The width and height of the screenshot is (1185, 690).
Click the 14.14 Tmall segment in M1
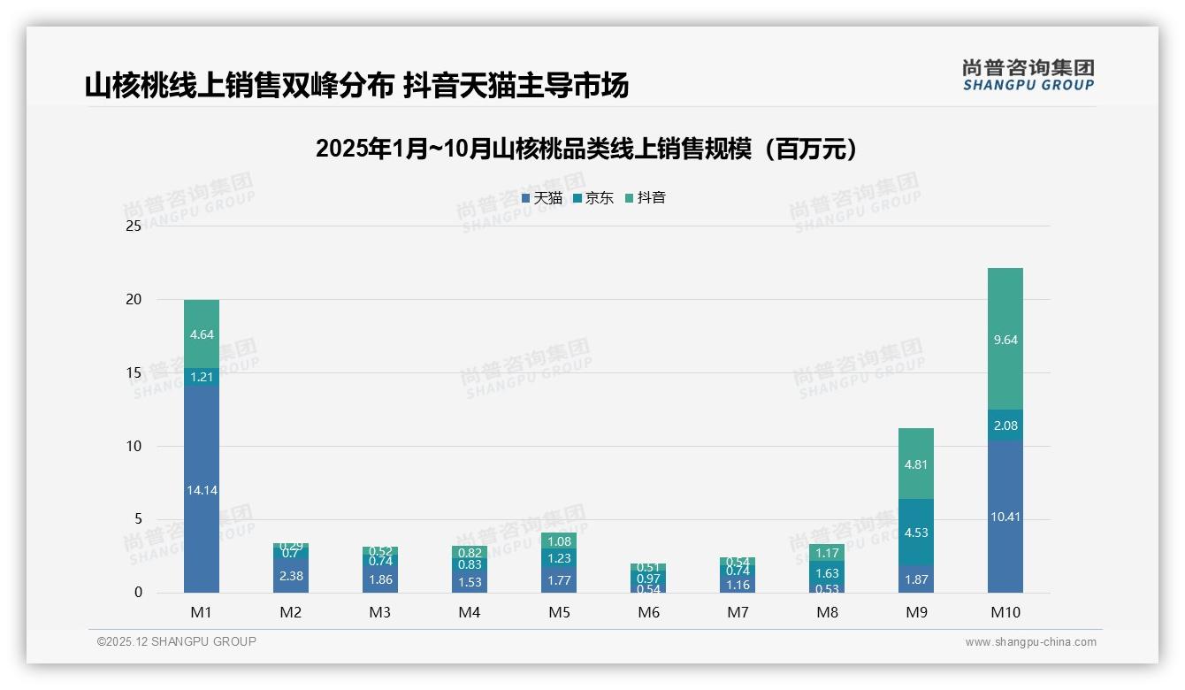(x=202, y=489)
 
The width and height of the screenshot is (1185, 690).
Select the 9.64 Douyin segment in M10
(x=1005, y=339)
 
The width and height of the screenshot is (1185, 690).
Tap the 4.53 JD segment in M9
(x=916, y=532)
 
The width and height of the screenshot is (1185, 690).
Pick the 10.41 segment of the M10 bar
(x=1005, y=517)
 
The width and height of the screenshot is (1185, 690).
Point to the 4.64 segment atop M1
(x=202, y=334)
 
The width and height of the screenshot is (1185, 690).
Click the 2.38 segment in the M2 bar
(x=291, y=575)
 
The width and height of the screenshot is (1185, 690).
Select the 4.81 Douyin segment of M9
(x=916, y=464)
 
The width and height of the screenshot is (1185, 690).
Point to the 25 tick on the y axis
(x=134, y=226)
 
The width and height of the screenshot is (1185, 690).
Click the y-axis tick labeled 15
(x=134, y=372)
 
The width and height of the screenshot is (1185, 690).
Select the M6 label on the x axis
(x=648, y=612)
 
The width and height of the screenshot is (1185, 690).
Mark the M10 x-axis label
(x=1005, y=612)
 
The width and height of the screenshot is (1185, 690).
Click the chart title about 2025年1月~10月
(x=586, y=149)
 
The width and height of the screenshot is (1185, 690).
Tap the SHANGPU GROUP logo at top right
(x=1028, y=75)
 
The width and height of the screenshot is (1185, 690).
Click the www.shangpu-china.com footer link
(x=1030, y=642)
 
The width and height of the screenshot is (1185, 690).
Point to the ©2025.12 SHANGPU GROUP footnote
(x=177, y=642)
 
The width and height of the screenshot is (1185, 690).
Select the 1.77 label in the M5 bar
(x=559, y=580)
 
